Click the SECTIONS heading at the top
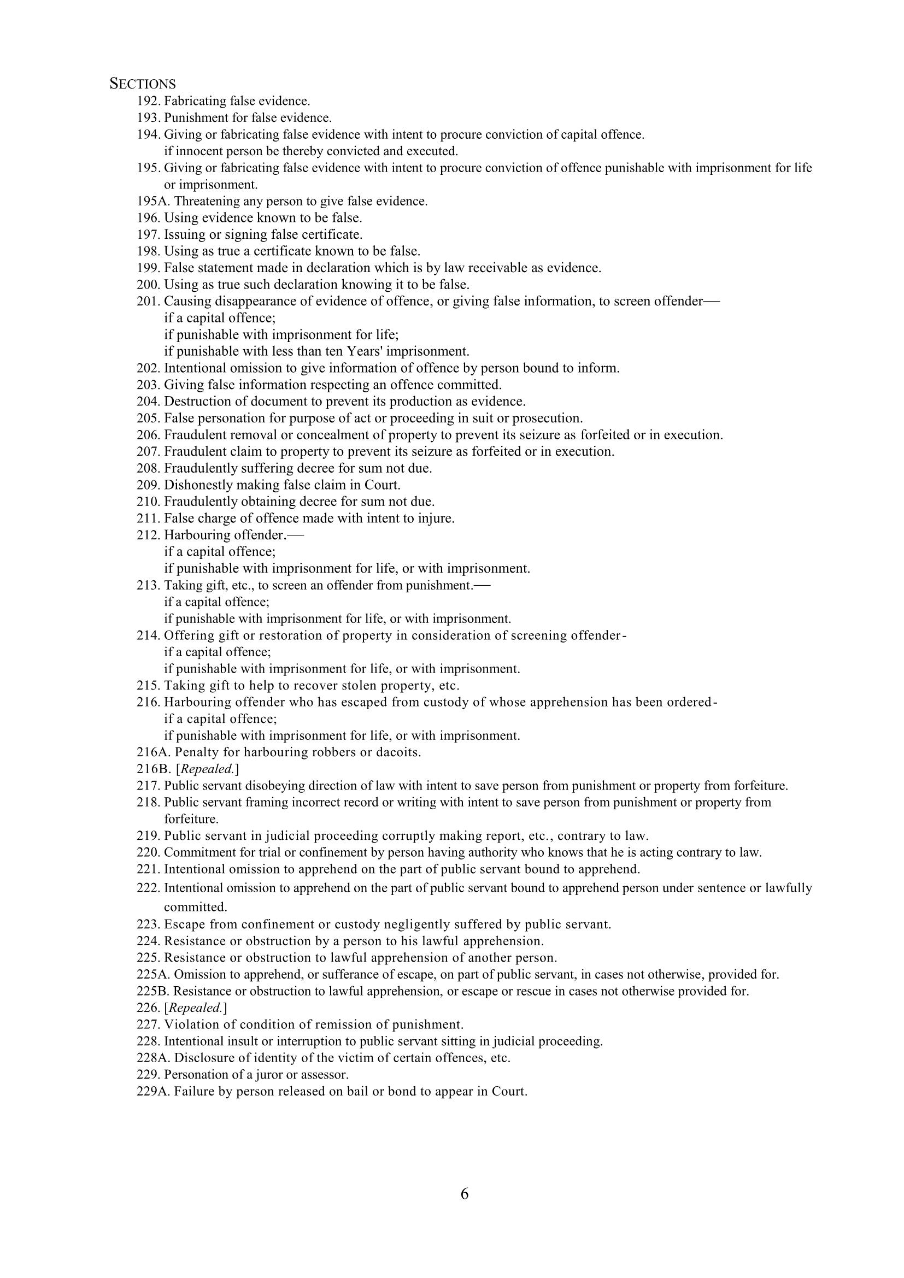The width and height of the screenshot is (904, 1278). pyautogui.click(x=143, y=84)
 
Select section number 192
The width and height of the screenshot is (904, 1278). pyautogui.click(x=148, y=101)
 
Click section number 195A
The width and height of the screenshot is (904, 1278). pyautogui.click(x=153, y=202)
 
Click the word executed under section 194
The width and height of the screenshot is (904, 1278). pyautogui.click(x=432, y=151)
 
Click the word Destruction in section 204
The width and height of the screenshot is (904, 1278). pyautogui.click(x=193, y=402)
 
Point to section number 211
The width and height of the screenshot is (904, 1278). pyautogui.click(x=148, y=519)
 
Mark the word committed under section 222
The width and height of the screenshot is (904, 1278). pyautogui.click(x=195, y=908)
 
